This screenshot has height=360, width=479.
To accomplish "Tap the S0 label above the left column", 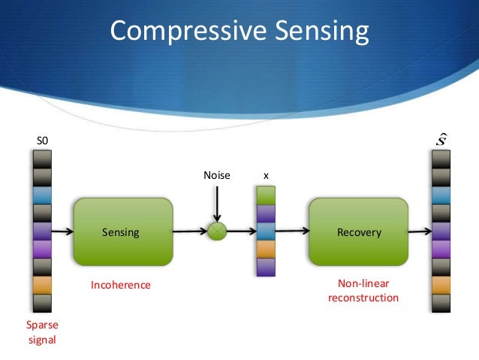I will pos(42,141).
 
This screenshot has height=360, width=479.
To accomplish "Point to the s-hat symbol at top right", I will pos(442,140).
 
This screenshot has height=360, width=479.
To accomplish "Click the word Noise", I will pos(216,175).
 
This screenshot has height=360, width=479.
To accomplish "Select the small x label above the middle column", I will pos(266,175).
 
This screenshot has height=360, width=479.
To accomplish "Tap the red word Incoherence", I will pos(121,286).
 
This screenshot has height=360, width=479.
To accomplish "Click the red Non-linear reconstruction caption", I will pos(363,292).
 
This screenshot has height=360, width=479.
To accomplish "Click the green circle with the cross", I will pos(216,231).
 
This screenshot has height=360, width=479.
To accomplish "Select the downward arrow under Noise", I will pos(216,203).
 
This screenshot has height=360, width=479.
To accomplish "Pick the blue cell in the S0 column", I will pos(42,195).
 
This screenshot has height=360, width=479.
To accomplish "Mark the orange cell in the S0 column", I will pos(42,285).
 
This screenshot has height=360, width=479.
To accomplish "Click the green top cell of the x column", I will pos(266,195).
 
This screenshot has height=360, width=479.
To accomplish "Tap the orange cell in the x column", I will pos(266,250).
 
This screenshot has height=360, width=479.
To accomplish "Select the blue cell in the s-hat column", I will pos(441,195).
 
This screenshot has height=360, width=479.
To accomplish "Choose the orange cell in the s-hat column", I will pos(441,285).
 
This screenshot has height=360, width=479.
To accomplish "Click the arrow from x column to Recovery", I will pos(293,231).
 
